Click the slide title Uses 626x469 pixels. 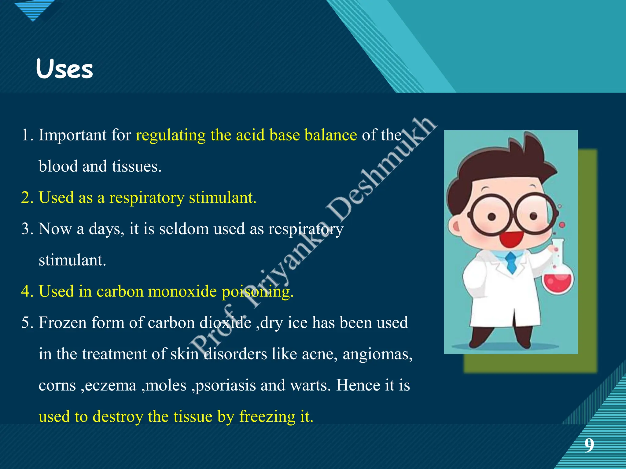click(64, 69)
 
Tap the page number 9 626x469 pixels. click(589, 445)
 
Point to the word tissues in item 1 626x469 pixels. click(136, 166)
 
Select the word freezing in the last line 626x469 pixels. click(267, 417)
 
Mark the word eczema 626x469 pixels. click(110, 386)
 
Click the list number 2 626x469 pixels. click(27, 198)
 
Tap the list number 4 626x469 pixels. click(27, 291)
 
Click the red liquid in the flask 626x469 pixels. click(558, 283)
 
